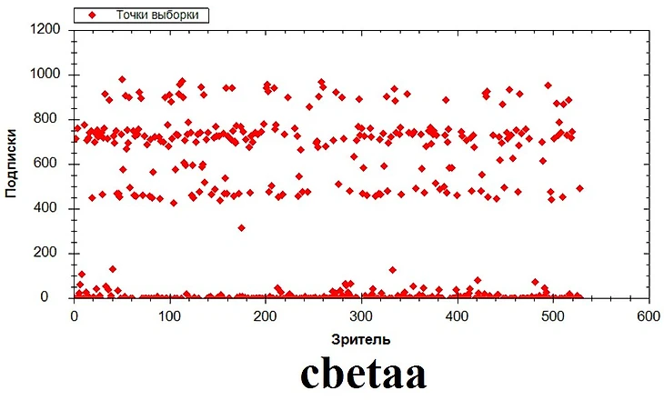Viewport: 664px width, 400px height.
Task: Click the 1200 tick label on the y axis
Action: click(46, 29)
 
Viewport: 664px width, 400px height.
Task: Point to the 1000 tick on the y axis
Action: click(46, 74)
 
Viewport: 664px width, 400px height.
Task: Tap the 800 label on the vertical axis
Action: click(50, 118)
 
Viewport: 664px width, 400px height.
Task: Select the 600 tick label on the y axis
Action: click(50, 164)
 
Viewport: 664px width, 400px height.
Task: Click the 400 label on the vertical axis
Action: click(50, 208)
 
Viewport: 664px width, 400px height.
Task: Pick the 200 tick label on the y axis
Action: click(50, 253)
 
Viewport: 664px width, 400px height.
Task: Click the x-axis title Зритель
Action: click(360, 339)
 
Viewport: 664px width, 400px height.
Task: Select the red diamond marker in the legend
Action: click(91, 15)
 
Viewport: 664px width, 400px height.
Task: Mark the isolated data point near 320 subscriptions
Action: click(241, 227)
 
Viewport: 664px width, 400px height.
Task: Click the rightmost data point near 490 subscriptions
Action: click(579, 188)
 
